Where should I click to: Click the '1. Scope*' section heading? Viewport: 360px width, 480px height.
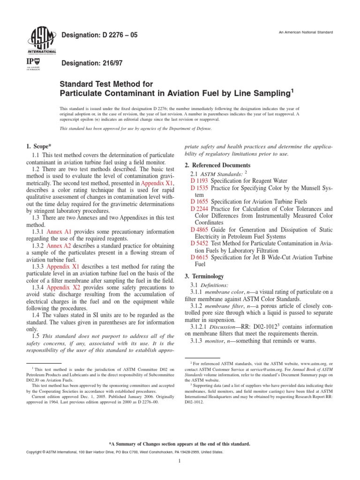[x=40, y=146]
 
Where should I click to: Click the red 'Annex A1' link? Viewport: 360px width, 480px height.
[x=60, y=232]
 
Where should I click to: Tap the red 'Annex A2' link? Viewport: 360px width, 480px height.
[x=60, y=246]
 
